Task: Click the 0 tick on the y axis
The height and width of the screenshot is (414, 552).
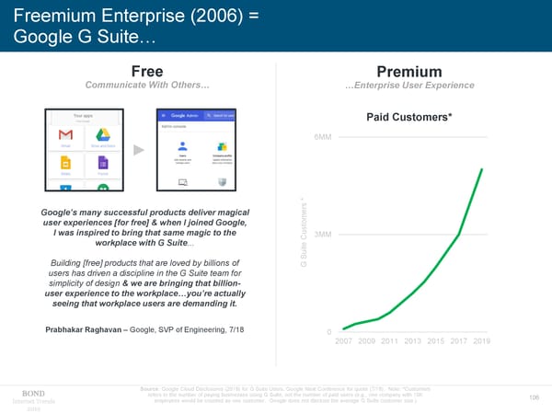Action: (329, 332)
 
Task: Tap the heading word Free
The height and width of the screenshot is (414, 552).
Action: (148, 72)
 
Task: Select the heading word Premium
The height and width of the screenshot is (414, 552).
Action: (409, 72)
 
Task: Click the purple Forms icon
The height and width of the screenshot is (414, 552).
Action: (103, 164)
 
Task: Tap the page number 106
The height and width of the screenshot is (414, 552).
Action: (535, 397)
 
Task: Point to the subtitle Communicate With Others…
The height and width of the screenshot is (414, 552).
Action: (147, 86)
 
